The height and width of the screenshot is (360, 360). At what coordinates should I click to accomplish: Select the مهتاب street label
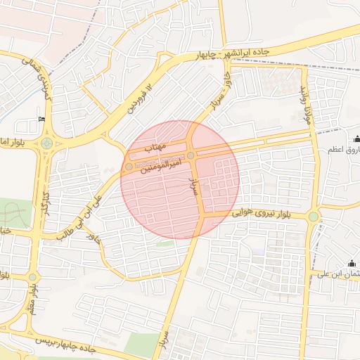pyautogui.click(x=153, y=148)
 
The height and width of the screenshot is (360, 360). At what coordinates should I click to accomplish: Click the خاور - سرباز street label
pyautogui.click(x=220, y=91)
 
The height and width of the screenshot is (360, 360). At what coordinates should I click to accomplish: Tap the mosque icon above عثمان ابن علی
pyautogui.click(x=352, y=263)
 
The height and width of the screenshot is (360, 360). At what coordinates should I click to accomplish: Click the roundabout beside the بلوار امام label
pyautogui.click(x=47, y=143)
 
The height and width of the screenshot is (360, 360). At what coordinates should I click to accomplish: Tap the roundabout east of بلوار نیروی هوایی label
pyautogui.click(x=313, y=217)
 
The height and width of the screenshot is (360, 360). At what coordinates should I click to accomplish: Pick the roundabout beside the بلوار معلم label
pyautogui.click(x=32, y=277)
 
